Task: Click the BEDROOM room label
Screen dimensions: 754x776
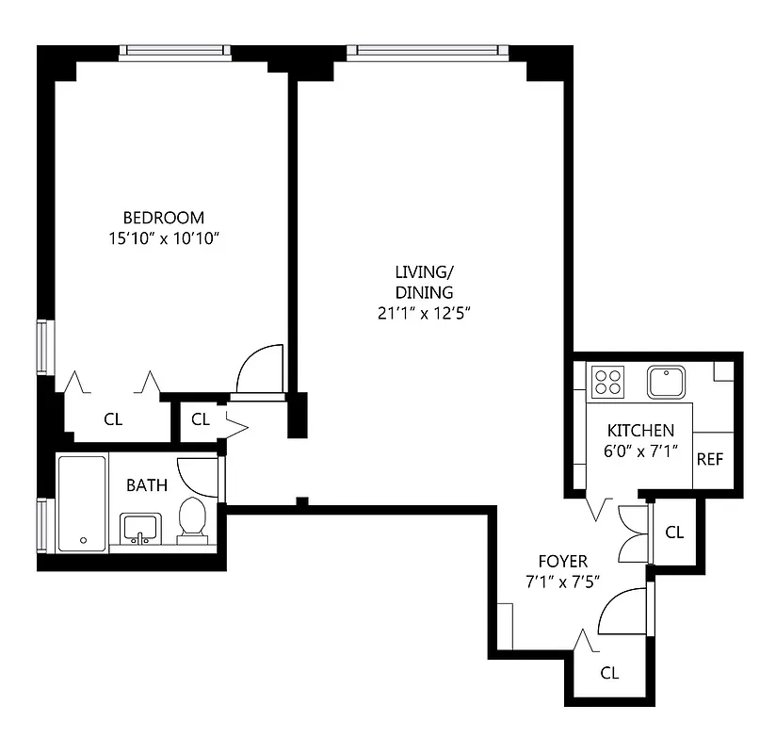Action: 163,218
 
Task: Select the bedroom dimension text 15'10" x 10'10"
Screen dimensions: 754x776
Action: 163,238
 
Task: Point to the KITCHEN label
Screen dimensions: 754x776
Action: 640,430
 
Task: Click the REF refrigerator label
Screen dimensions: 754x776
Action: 709,460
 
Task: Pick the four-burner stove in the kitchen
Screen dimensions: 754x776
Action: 607,382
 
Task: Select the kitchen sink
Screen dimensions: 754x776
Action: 667,382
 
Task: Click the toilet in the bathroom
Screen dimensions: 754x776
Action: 192,521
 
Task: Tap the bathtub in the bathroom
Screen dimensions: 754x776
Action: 82,502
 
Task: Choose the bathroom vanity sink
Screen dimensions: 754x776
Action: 140,530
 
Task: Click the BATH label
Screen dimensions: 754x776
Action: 147,485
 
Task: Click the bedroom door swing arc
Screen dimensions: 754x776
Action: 258,369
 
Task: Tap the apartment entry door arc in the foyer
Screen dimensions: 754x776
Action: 621,611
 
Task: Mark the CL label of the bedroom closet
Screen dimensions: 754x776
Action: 113,419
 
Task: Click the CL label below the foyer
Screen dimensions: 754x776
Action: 609,673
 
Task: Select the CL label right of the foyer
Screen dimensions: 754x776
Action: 674,532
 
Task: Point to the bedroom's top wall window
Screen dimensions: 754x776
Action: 175,52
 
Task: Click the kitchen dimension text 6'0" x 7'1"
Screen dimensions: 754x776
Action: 640,451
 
